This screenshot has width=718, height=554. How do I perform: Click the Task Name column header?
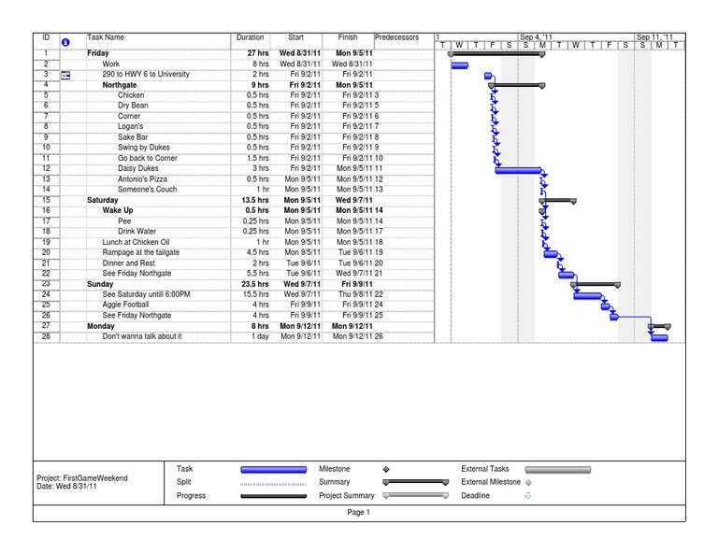coord(106,37)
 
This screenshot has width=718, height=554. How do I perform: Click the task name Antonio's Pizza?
coord(142,179)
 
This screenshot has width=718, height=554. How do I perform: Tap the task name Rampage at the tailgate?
coord(141,252)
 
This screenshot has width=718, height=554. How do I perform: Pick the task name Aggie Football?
coord(125,305)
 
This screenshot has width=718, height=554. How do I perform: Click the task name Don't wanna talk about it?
coord(142,336)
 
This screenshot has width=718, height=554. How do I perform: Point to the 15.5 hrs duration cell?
coord(253,294)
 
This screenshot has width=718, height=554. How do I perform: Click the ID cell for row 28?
coord(46,336)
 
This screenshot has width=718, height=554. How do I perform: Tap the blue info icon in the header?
coord(65,42)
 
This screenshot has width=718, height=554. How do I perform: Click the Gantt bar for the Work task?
coord(459,64)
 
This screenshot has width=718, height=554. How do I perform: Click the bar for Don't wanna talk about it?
coord(659,337)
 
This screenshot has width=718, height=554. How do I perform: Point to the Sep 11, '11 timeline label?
coord(654,37)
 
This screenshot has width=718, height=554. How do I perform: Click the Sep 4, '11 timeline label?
coord(537,37)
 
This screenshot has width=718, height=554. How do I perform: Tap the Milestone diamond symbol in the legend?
coord(386,469)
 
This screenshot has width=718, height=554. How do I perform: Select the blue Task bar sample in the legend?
coord(273,469)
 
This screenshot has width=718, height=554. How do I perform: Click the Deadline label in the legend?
coord(475,496)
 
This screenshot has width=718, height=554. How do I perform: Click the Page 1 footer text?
coord(359,513)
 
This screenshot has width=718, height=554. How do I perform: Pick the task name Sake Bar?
coord(133,137)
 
